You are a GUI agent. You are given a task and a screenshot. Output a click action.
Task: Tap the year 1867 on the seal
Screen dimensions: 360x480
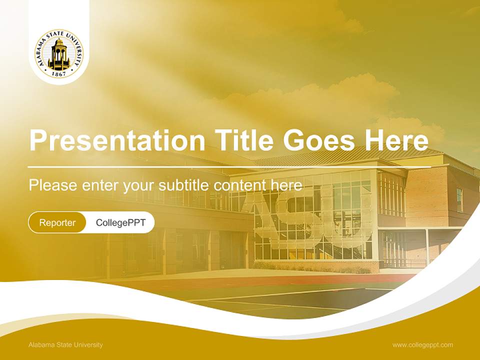click(59, 74)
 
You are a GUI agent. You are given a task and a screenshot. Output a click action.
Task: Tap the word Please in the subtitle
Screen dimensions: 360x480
click(53, 185)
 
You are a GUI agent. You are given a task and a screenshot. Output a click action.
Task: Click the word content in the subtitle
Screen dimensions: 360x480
click(239, 185)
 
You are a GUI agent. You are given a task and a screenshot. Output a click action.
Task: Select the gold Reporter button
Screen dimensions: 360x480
click(57, 222)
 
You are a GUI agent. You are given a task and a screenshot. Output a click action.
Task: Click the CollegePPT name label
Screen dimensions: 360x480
click(120, 222)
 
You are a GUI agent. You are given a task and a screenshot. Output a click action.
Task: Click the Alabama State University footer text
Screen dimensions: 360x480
click(65, 345)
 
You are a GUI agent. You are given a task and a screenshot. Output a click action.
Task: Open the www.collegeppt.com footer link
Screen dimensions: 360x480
click(422, 345)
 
